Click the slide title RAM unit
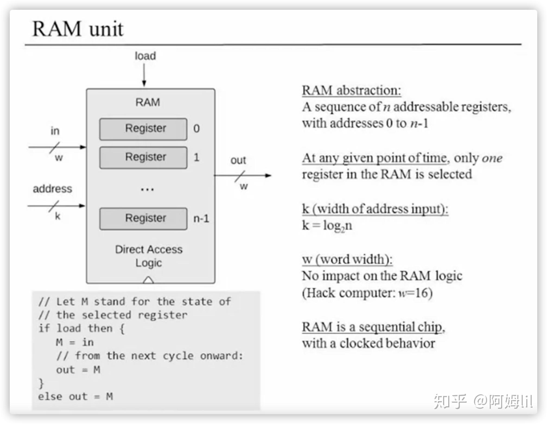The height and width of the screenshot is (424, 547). point(78,29)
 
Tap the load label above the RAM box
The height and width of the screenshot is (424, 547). point(145,56)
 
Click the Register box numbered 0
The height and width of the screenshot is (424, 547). point(143,129)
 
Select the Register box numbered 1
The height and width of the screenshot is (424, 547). point(143,158)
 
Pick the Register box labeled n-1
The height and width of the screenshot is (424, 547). point(143,219)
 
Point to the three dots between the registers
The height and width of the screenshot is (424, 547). point(147,189)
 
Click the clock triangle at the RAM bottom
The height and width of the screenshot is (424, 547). point(148,280)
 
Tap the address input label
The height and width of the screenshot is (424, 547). point(52,189)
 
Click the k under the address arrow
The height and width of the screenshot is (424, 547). point(58,216)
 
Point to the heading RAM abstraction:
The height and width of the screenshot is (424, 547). point(351,90)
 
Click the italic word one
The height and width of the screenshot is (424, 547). point(492,158)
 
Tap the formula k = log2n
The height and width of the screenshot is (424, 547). point(327,226)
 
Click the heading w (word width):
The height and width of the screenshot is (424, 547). point(347,260)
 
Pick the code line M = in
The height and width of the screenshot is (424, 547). point(75,342)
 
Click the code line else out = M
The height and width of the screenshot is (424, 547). point(75,397)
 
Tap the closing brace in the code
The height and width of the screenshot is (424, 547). point(41,383)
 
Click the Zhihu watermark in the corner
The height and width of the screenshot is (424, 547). point(483,401)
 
